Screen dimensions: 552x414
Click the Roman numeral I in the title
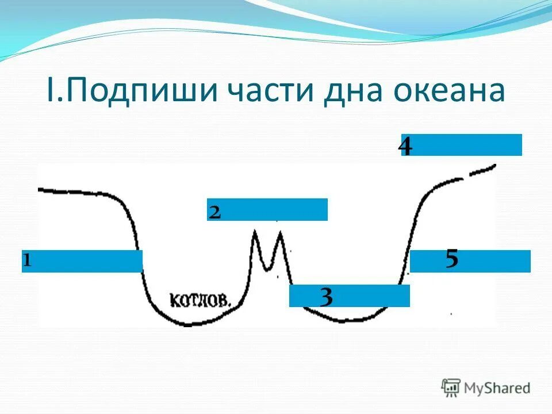49,93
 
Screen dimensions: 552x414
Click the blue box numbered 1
82,261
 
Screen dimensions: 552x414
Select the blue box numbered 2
267,210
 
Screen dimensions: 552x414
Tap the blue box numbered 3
350,296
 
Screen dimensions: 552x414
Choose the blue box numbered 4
462,145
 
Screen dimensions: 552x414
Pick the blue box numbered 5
470,261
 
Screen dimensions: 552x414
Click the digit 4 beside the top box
405,147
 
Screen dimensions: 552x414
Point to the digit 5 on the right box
452,260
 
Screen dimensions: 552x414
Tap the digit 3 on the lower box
326,297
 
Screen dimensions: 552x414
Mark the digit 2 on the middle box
215,212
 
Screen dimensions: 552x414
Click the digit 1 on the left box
26,262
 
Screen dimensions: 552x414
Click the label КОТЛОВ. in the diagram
201,299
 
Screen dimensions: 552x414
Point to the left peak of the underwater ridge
255,232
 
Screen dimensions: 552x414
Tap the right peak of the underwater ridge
280,233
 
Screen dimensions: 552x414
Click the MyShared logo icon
451,387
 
